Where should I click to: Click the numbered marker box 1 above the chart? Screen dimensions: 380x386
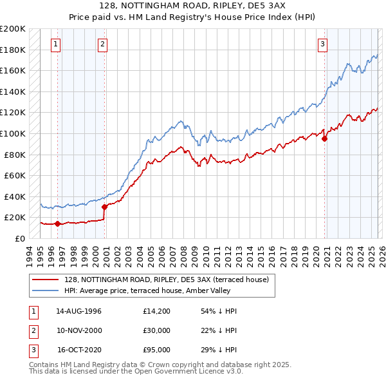click(57, 44)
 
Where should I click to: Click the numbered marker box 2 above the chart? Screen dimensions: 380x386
click(103, 44)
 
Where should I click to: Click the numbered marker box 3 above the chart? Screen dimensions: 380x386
click(322, 44)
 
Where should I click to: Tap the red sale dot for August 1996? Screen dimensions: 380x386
click(58, 223)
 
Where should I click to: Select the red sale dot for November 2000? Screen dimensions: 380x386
click(104, 207)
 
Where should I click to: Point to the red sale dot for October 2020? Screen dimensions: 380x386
click(324, 138)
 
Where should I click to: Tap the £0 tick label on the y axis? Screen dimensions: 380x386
click(19, 238)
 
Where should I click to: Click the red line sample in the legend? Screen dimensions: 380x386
click(46, 279)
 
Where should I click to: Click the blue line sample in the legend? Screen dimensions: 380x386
click(46, 290)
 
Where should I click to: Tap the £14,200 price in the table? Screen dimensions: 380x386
click(157, 311)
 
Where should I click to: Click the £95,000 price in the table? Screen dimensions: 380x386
click(157, 350)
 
